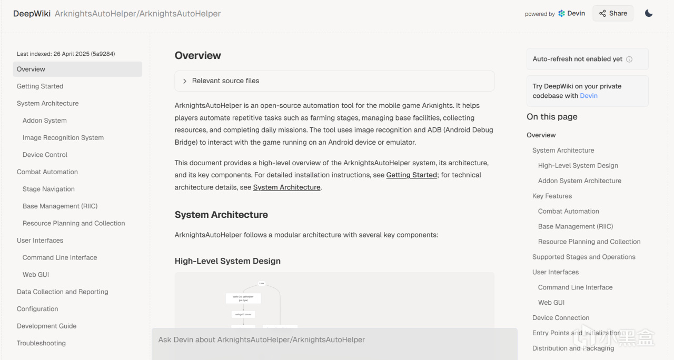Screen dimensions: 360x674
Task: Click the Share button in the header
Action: pos(612,14)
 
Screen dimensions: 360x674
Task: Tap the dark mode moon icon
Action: pos(649,14)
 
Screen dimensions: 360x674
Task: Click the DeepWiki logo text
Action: pos(32,14)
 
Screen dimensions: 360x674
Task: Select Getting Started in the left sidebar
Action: pos(40,86)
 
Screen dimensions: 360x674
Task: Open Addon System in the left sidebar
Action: pos(45,121)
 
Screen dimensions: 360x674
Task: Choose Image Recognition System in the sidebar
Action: pos(63,138)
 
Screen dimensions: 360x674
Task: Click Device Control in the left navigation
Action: pos(45,155)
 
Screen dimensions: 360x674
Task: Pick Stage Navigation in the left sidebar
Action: pos(48,189)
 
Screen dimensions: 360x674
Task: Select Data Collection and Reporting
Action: pos(63,292)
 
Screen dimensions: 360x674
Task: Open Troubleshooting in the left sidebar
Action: pos(41,343)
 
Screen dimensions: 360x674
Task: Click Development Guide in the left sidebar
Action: pos(47,326)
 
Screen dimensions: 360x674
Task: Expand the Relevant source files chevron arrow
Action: pos(185,81)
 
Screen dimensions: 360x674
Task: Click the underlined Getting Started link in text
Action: pos(411,175)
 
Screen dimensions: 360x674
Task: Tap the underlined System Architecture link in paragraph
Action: pos(286,187)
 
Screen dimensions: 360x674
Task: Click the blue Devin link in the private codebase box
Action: pos(589,96)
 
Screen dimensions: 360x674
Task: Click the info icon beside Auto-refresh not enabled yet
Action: pos(629,59)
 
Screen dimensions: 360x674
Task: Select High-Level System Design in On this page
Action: pos(578,165)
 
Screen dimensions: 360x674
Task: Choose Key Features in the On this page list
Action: pos(552,196)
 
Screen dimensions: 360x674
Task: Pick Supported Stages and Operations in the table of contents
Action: pos(584,257)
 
